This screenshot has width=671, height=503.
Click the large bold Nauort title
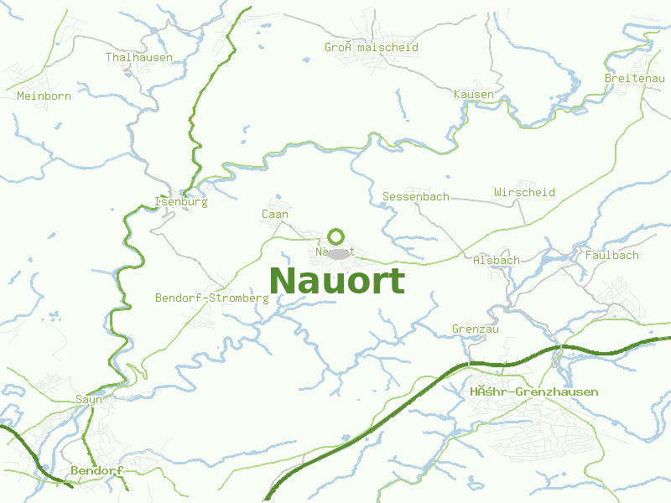click(337, 281)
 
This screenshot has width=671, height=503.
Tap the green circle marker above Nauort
click(336, 236)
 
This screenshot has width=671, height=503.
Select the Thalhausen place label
click(139, 58)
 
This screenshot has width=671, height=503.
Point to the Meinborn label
click(44, 96)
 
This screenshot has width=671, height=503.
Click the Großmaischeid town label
click(372, 48)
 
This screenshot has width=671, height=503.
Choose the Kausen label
click(474, 94)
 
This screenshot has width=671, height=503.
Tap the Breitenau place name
click(635, 78)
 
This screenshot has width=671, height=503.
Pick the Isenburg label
click(181, 202)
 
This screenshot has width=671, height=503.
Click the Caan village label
click(275, 215)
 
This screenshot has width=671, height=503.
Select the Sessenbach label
click(416, 197)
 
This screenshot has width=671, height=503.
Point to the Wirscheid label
click(525, 193)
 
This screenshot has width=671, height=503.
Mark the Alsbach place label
click(497, 261)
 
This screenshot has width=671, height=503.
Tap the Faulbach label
click(612, 255)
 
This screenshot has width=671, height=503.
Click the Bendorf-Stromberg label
click(212, 298)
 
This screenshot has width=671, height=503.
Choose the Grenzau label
click(476, 329)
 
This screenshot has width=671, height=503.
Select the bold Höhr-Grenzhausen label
click(534, 392)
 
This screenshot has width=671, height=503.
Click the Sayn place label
click(89, 400)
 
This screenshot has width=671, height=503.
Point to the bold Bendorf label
click(97, 471)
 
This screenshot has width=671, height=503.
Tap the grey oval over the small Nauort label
click(339, 253)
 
